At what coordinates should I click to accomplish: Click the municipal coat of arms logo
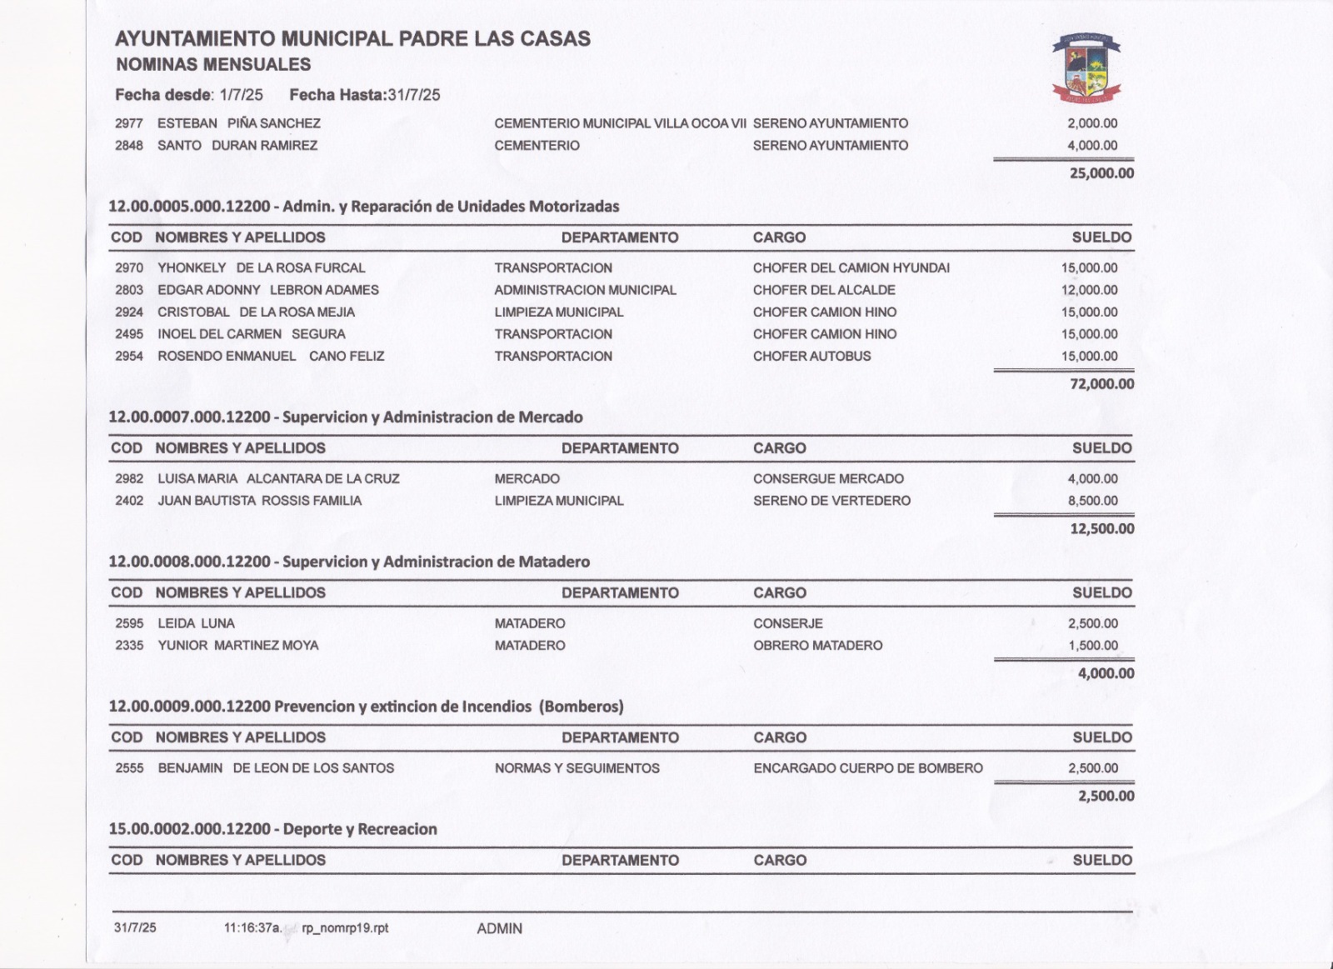[1087, 68]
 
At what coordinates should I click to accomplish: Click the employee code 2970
[129, 268]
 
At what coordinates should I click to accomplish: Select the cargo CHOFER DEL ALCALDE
[824, 290]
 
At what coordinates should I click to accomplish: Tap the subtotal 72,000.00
[1101, 384]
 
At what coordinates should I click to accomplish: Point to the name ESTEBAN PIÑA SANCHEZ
[239, 123]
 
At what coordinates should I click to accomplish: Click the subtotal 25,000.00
[1101, 173]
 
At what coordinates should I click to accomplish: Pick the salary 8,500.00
[1092, 501]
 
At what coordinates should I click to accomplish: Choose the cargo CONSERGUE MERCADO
[828, 479]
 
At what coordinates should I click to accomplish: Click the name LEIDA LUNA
[197, 623]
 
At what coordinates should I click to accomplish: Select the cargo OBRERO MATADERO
[817, 646]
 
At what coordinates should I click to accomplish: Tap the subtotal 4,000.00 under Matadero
[1106, 673]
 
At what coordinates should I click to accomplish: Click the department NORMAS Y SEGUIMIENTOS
[577, 768]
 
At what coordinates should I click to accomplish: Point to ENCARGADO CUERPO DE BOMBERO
[868, 768]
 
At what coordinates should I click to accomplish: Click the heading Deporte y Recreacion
[359, 829]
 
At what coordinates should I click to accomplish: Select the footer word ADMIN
[499, 928]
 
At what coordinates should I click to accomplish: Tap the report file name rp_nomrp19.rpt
[345, 928]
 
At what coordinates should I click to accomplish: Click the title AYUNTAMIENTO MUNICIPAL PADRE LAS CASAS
[352, 38]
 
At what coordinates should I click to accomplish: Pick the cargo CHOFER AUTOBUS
[811, 357]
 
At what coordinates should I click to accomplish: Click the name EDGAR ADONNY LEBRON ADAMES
[268, 290]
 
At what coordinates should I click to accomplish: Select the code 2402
[129, 501]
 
